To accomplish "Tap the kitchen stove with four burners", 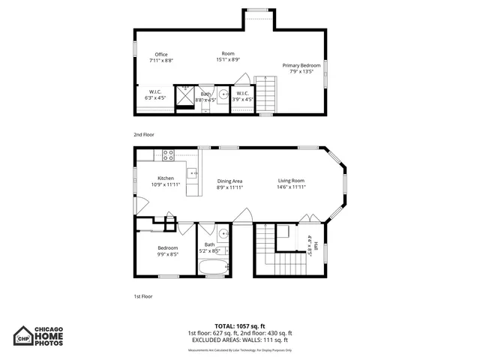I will pyautogui.click(x=169, y=155).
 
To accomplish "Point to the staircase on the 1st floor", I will pyautogui.click(x=263, y=251).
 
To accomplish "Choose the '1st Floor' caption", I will pyautogui.click(x=142, y=296).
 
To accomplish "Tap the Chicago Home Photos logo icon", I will pyautogui.click(x=25, y=337).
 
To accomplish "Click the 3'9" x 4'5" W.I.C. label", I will pyautogui.click(x=242, y=95).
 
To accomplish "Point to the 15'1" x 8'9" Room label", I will pyautogui.click(x=228, y=57).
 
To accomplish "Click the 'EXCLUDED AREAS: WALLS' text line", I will pyautogui.click(x=239, y=340).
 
